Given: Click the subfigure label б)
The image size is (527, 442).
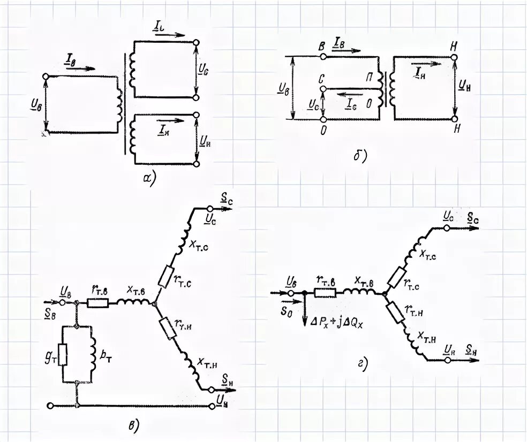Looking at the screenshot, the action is click(x=359, y=156).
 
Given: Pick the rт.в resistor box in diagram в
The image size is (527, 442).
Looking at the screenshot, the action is click(x=97, y=303).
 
